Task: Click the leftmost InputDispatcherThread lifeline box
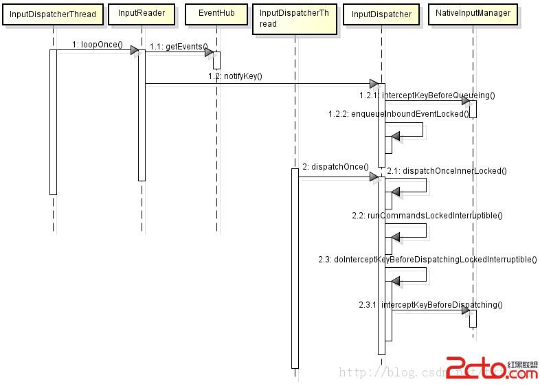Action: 53,14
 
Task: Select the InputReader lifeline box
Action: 142,13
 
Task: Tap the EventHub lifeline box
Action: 216,13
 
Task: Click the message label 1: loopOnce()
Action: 97,45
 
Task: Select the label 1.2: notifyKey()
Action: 235,76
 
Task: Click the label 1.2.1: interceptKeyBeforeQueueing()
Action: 427,95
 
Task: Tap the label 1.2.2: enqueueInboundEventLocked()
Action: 398,114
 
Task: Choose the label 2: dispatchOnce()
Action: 335,167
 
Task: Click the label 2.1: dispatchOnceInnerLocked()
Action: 447,170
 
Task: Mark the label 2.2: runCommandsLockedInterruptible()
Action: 427,216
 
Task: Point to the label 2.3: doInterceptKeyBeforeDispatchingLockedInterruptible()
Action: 427,260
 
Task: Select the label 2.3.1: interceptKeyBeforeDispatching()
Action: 431,305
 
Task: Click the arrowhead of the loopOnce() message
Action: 135,50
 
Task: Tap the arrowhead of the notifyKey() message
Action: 374,84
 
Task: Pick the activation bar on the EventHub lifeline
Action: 216,60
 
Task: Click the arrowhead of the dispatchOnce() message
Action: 374,177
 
